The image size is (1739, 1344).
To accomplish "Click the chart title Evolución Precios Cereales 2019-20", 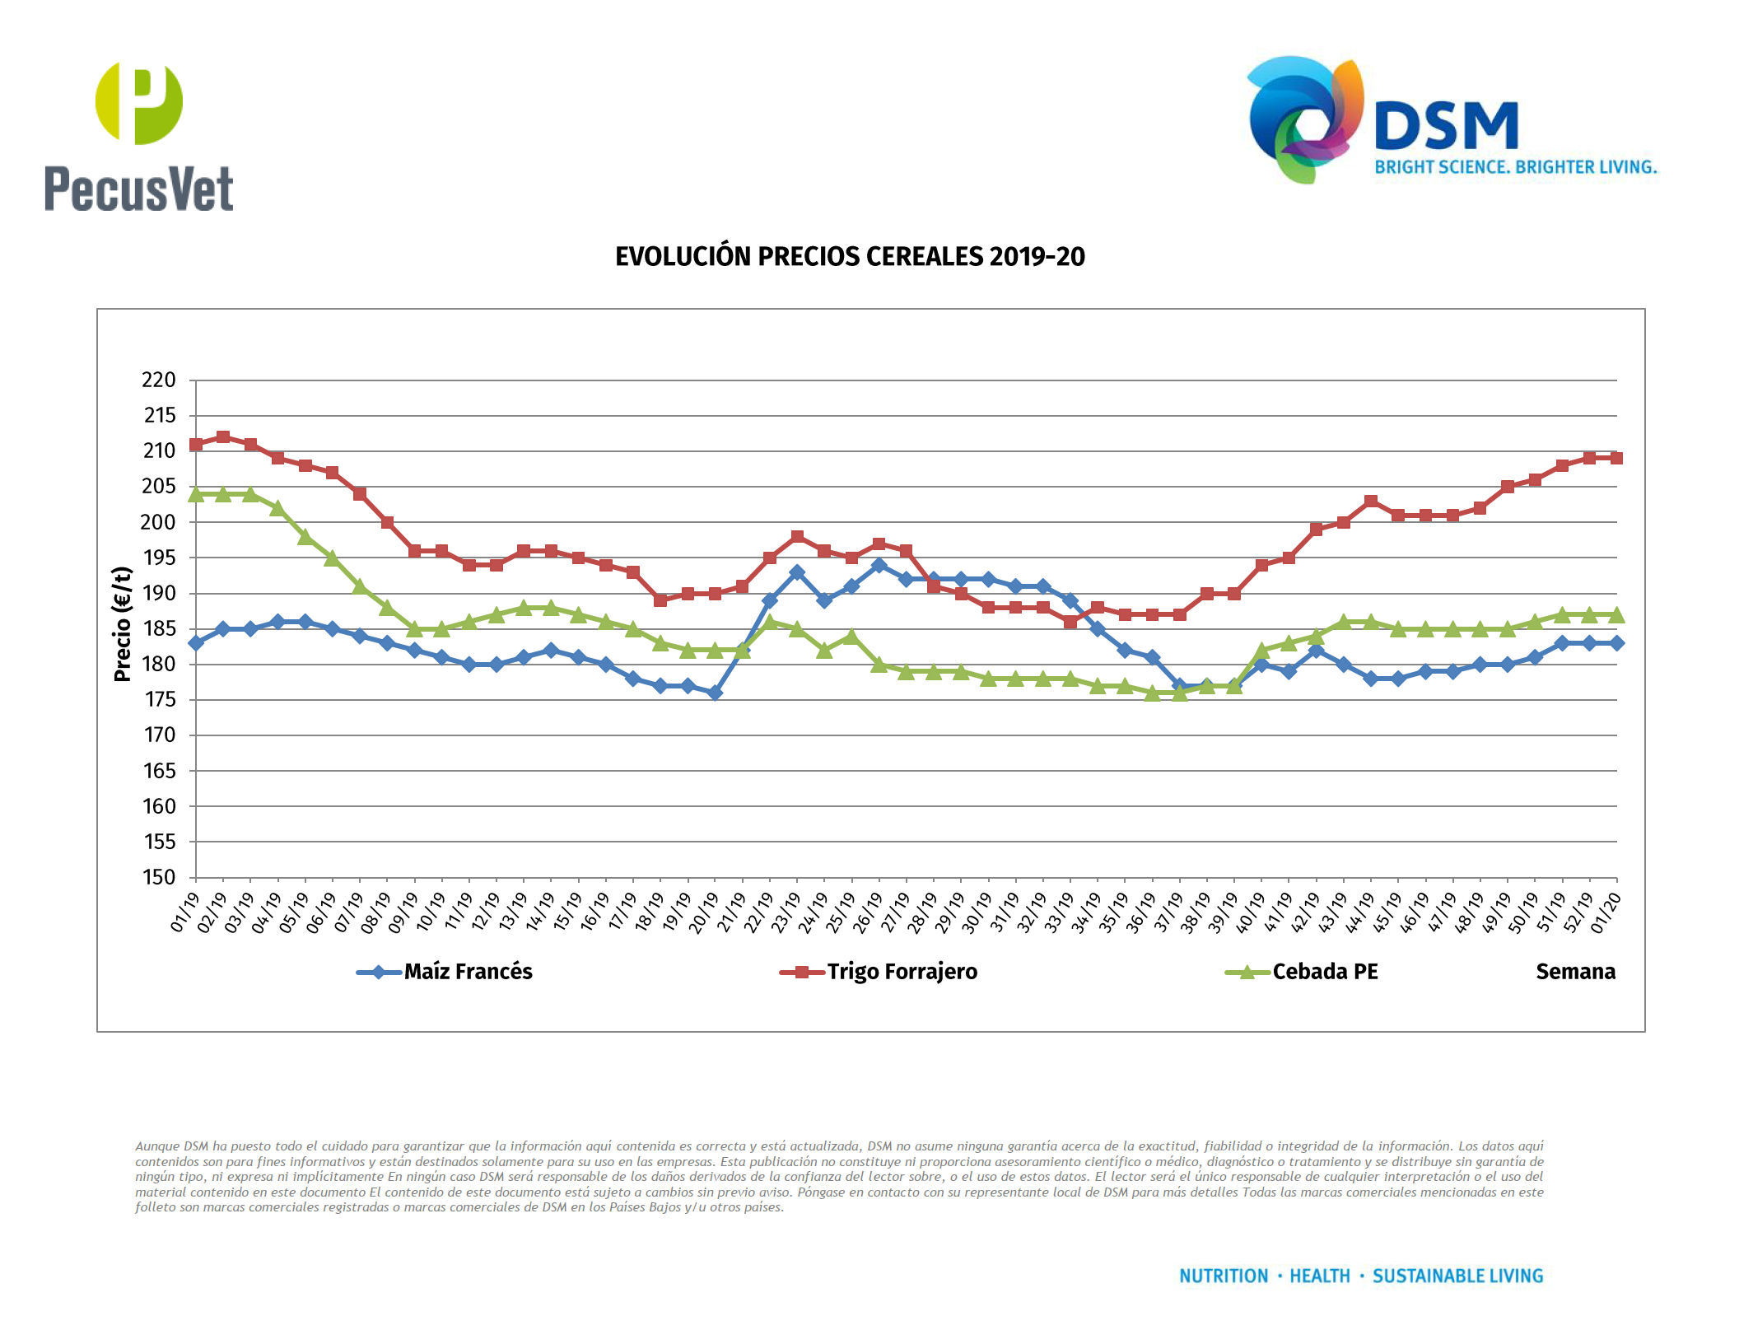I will click(x=850, y=257).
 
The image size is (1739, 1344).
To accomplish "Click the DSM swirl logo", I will click(x=1305, y=119).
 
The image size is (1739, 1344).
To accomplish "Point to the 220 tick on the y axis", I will click(x=159, y=380).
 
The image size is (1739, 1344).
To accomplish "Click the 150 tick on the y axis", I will click(x=159, y=878).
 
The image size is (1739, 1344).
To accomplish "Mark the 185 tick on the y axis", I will click(x=159, y=629).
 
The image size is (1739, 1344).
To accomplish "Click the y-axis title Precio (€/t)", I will click(x=123, y=624).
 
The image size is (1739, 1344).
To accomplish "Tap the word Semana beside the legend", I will click(x=1575, y=972).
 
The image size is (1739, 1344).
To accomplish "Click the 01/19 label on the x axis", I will click(x=184, y=912).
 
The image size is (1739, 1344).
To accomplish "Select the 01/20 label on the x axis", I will click(x=1606, y=912).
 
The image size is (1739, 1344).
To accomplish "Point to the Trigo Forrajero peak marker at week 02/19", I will click(x=223, y=437).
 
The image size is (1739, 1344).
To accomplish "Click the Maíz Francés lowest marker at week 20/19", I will click(x=715, y=693).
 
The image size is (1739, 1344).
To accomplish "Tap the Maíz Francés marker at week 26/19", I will click(x=879, y=565).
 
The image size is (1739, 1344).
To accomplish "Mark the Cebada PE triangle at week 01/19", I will click(x=196, y=494).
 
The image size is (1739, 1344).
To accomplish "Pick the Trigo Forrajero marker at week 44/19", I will click(x=1371, y=502).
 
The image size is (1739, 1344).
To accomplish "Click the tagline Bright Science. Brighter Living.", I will click(x=1515, y=167).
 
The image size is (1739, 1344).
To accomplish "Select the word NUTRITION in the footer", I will click(x=1224, y=1276).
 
